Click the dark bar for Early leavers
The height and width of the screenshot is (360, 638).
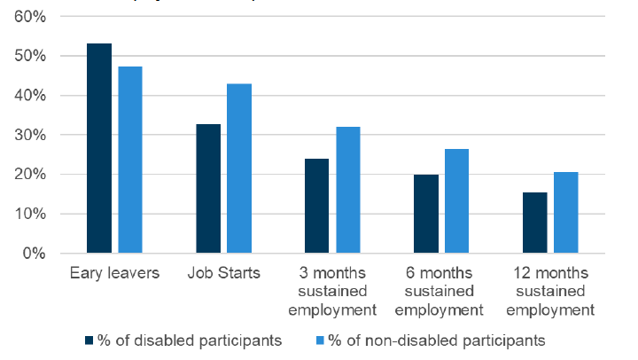pyautogui.click(x=98, y=148)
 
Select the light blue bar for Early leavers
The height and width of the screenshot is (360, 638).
pyautogui.click(x=130, y=160)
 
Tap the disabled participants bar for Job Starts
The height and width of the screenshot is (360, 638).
pyautogui.click(x=208, y=189)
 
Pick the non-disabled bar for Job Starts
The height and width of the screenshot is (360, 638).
pyautogui.click(x=239, y=168)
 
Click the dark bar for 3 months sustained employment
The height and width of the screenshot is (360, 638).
pyautogui.click(x=317, y=206)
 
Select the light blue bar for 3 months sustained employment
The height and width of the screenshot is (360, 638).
pyautogui.click(x=348, y=190)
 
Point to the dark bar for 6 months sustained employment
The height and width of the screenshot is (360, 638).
pyautogui.click(x=426, y=214)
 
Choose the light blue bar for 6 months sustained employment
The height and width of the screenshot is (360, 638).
pyautogui.click(x=457, y=201)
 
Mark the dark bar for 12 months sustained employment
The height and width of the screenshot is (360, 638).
pyautogui.click(x=535, y=223)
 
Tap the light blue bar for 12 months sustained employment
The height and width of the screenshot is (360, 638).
pyautogui.click(x=566, y=213)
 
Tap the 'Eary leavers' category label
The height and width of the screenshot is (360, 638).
pyautogui.click(x=114, y=273)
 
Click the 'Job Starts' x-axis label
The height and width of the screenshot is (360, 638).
pyautogui.click(x=223, y=273)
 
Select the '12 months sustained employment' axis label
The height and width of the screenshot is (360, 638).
pyautogui.click(x=550, y=292)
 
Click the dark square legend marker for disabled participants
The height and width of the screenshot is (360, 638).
pyautogui.click(x=89, y=340)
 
